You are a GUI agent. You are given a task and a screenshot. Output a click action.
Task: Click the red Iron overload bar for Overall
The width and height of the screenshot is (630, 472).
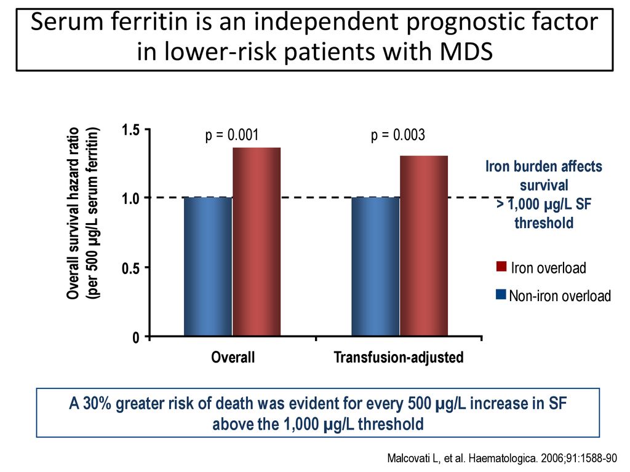257,242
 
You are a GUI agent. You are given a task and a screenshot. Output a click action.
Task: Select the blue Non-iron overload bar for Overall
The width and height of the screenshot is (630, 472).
208,267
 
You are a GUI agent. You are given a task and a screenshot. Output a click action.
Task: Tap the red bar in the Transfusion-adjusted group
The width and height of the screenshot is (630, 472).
424,246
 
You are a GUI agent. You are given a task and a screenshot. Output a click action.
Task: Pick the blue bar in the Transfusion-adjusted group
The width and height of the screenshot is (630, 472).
376,267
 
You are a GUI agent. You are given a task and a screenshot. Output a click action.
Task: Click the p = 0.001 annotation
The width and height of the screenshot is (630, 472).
232,135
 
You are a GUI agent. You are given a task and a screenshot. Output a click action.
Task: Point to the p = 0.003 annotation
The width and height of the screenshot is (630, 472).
398,135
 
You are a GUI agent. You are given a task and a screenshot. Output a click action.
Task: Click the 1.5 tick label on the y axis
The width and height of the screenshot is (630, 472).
130,130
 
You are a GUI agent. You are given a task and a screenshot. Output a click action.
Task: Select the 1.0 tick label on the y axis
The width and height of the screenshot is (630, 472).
130,199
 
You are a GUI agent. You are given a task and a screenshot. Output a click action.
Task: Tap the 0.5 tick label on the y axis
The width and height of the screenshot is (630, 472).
130,268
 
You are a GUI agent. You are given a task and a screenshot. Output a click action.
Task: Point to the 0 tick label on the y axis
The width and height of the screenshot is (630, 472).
136,337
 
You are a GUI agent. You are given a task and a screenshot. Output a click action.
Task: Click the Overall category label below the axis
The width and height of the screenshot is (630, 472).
233,357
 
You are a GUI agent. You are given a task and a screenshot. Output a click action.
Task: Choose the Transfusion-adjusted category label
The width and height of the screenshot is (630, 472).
399,357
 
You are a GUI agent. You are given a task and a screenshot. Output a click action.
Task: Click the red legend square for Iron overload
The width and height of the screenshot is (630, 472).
501,267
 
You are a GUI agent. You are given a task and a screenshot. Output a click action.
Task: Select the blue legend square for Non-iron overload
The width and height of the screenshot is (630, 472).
501,294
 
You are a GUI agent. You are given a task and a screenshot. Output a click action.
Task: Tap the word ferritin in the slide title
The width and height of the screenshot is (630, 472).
150,22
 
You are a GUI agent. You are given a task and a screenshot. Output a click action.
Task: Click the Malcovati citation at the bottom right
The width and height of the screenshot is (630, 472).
502,458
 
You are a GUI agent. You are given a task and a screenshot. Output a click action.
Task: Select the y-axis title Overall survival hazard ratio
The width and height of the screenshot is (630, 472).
73,213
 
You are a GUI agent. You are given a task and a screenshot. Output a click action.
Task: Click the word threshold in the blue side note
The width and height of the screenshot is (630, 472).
544,222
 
